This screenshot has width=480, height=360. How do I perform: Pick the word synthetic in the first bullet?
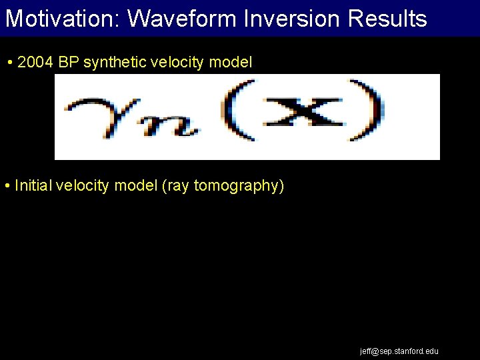click(113, 63)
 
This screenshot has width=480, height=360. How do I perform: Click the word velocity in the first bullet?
click(174, 63)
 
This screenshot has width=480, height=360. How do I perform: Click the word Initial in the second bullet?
click(31, 185)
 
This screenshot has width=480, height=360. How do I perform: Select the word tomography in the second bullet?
click(239, 185)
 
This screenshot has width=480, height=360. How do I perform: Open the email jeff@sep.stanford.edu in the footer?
click(399, 351)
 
